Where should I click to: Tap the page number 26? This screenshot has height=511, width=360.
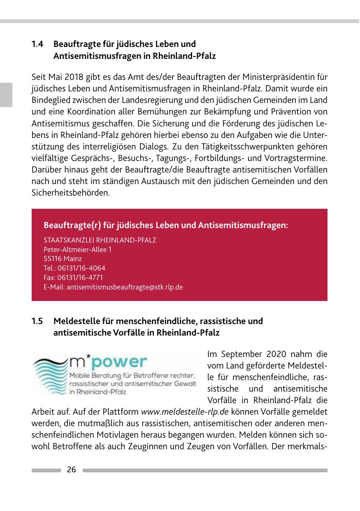point(72,470)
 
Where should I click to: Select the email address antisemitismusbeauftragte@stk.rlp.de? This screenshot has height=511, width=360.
point(125,287)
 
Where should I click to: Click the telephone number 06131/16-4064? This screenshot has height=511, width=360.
point(81,268)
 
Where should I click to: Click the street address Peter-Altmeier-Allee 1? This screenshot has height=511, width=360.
point(77,250)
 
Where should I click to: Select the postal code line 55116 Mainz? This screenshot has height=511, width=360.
point(63,259)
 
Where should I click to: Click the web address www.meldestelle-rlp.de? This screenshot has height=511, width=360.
point(185,412)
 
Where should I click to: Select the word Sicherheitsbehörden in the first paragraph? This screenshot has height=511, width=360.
point(70,192)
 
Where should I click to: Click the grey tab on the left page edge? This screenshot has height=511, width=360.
point(6,94)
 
